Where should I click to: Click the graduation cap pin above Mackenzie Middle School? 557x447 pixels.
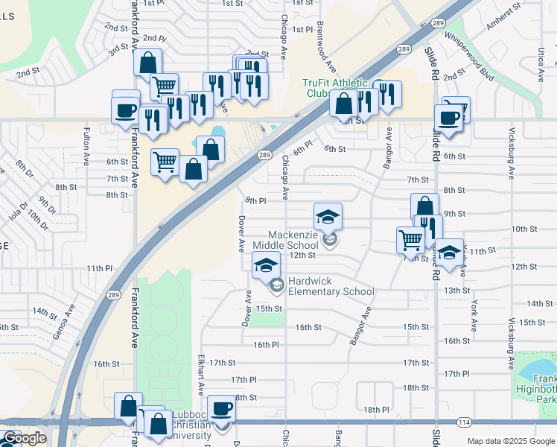(328, 217)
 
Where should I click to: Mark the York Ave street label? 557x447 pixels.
(473, 317)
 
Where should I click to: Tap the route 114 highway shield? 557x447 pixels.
(465, 422)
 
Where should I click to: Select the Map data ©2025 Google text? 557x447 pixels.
(511, 441)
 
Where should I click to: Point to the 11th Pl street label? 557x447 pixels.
(98, 268)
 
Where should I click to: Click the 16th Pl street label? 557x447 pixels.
(265, 345)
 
